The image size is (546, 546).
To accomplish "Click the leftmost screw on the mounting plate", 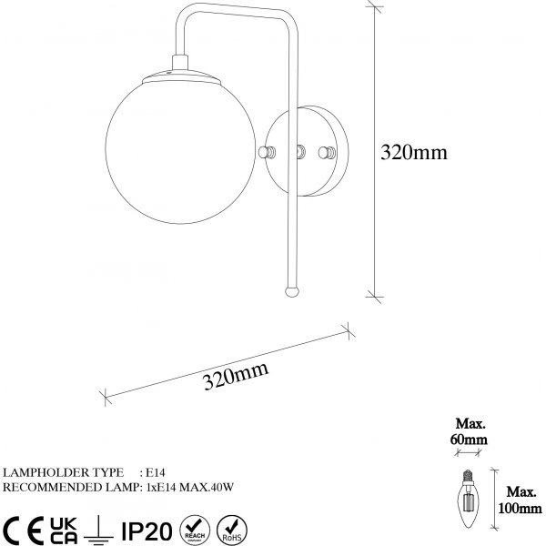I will [x=266, y=152].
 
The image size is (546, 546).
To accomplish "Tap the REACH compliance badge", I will [x=193, y=527].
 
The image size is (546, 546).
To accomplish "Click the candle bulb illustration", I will [x=470, y=496].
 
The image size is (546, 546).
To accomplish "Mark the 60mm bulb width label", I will [x=471, y=431].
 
